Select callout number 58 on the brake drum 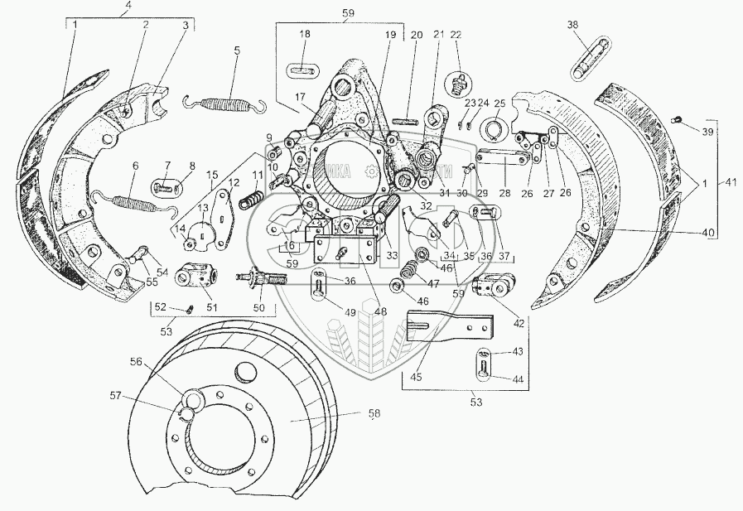(375, 413)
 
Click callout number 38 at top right (572, 26)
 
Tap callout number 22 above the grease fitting (456, 35)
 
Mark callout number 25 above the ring (499, 103)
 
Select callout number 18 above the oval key (305, 35)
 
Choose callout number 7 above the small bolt (167, 165)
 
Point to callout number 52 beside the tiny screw (160, 308)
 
